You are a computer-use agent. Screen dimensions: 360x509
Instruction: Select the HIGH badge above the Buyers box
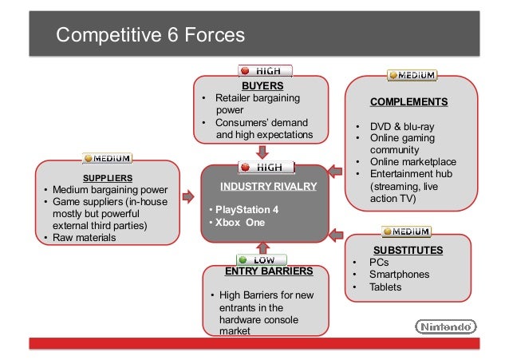pos(266,70)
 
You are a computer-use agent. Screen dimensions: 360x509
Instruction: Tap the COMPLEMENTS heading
pos(408,102)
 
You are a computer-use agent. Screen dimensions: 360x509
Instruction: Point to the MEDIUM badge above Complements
pos(412,76)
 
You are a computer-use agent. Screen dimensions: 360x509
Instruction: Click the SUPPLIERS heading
pos(108,177)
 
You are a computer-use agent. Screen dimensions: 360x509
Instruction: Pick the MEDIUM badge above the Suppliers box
pos(109,157)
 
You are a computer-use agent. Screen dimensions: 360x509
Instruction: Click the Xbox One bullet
pos(236,222)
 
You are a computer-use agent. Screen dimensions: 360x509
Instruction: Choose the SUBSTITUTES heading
pos(408,250)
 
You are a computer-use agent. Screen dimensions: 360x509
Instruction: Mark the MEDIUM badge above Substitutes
pos(408,231)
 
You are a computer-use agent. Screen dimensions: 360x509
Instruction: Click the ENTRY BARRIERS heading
pos(268,271)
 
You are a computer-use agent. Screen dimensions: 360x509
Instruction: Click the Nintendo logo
pos(446,326)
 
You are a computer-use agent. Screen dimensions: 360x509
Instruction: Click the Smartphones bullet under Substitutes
pos(400,275)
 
